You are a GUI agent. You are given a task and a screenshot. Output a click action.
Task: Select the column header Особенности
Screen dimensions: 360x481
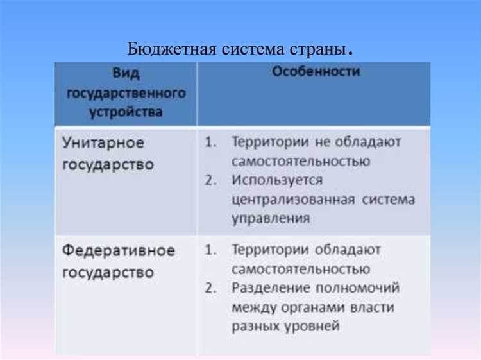tap(316, 72)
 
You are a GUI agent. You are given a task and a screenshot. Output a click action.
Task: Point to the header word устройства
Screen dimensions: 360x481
tap(126, 112)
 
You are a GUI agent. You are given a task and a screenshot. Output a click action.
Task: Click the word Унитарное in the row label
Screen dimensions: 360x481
tap(103, 142)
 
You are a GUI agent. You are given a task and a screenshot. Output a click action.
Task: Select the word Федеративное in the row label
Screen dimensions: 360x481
tap(118, 250)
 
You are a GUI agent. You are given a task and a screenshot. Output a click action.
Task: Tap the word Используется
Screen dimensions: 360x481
tap(278, 180)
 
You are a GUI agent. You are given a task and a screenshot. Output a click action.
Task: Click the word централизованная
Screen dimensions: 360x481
tap(293, 199)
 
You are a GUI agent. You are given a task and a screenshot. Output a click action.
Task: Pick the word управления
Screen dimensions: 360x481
tap(271, 218)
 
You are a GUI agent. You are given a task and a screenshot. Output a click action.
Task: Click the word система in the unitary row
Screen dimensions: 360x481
tap(388, 199)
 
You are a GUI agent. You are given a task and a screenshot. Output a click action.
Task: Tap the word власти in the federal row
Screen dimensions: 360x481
tap(373, 307)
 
